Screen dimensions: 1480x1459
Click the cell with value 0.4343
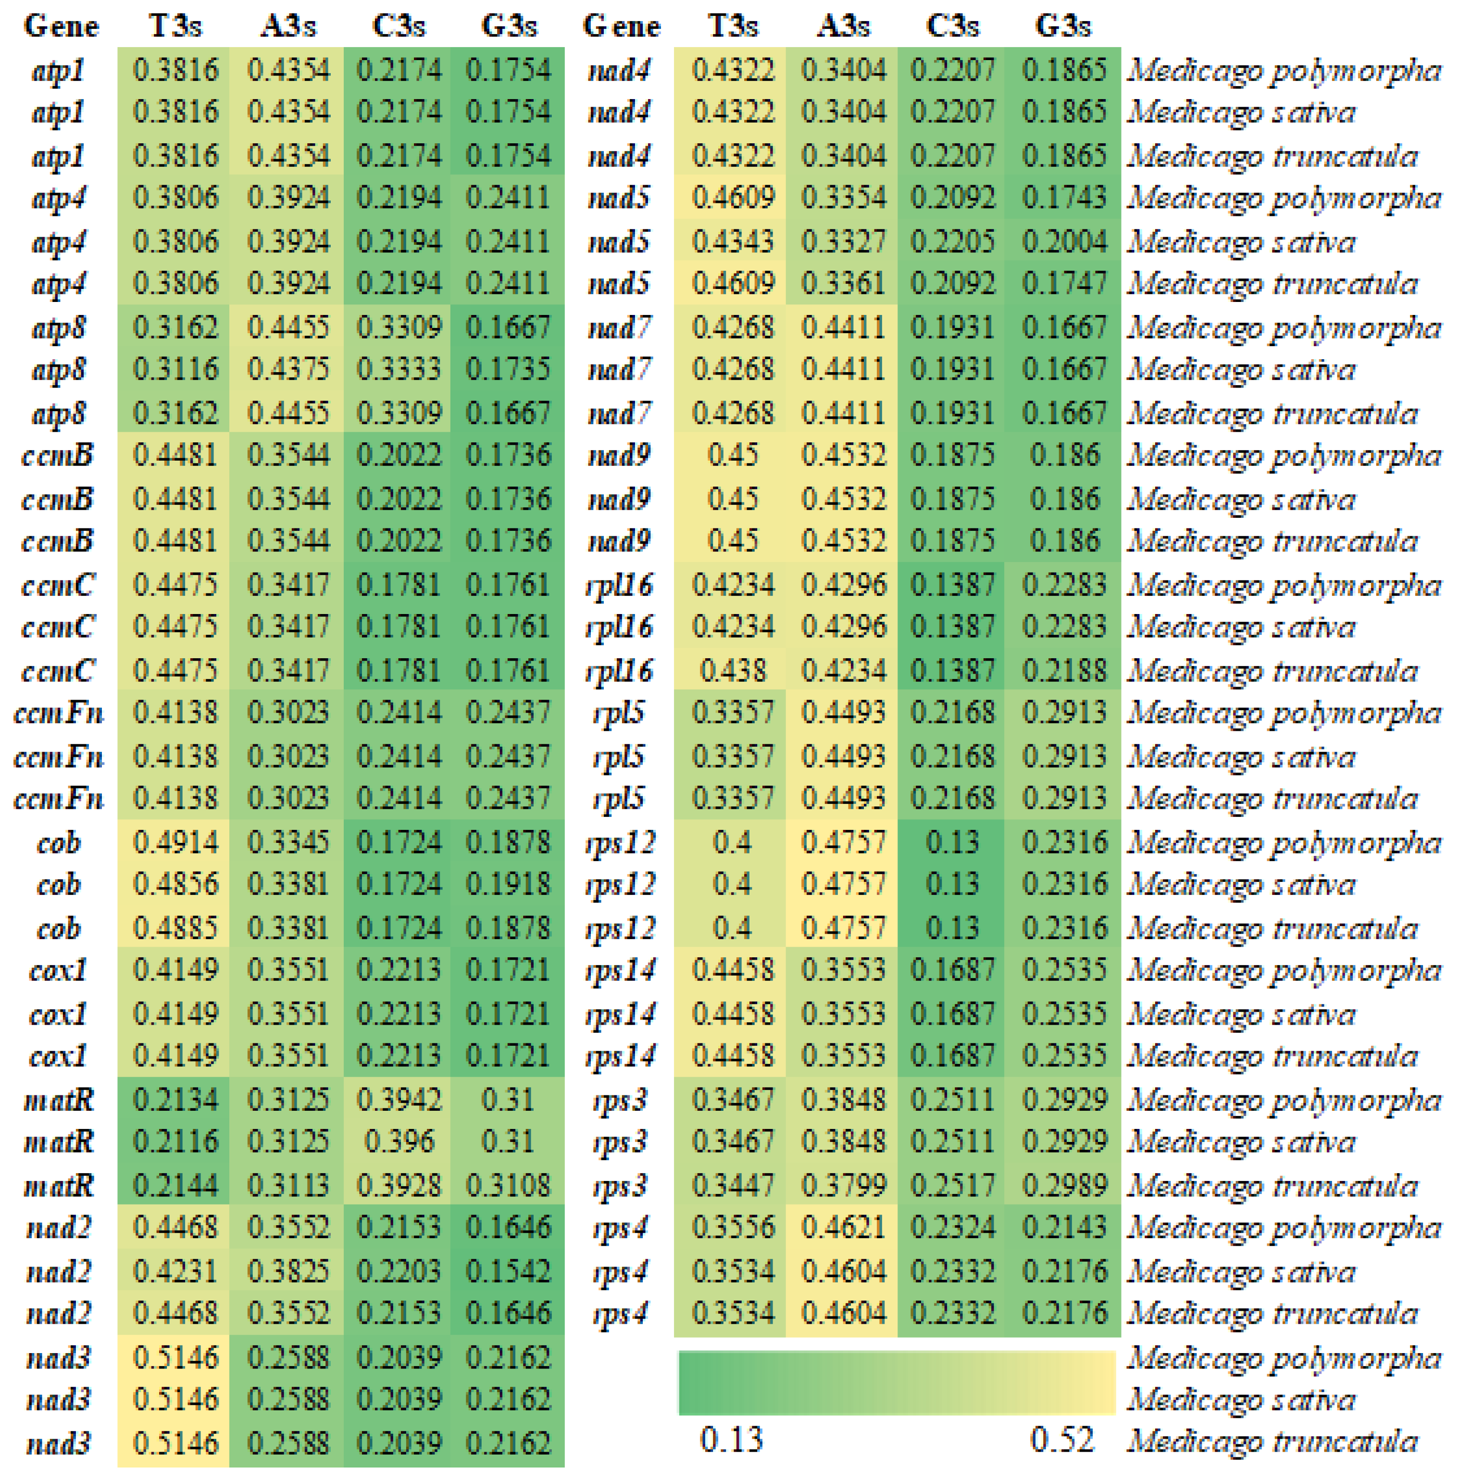[732, 242]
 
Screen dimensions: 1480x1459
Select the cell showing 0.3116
[175, 370]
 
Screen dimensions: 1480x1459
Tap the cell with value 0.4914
[175, 842]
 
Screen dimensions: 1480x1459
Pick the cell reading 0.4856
[175, 885]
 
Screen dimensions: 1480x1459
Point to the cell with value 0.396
[398, 1142]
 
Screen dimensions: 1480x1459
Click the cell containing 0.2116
[175, 1142]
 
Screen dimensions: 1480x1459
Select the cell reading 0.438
[732, 671]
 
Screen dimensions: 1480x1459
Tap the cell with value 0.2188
[1064, 671]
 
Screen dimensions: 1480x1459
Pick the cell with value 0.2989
[1064, 1186]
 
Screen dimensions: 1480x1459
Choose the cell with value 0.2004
[1064, 242]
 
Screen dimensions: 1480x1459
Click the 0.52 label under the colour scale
[1061, 1440]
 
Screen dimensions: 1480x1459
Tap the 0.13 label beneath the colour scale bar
[731, 1440]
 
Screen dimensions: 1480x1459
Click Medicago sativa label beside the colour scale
[1241, 1400]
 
